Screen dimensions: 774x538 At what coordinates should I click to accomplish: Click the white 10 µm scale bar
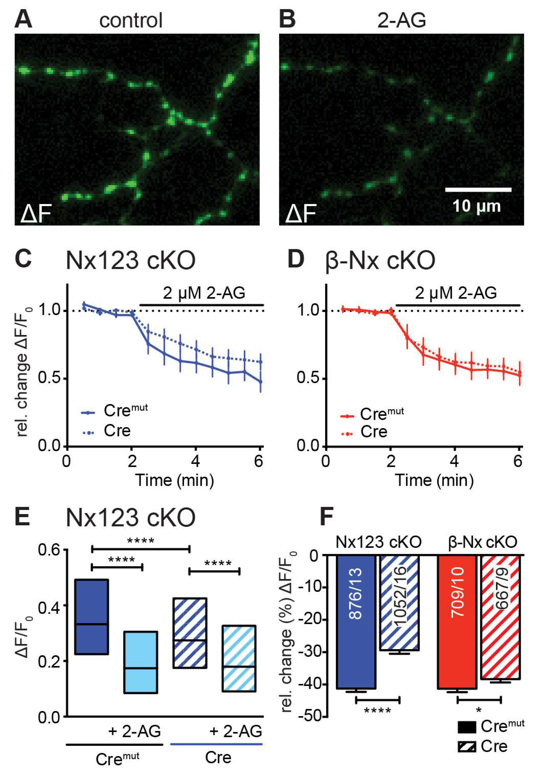pyautogui.click(x=478, y=190)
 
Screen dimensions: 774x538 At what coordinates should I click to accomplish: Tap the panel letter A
pyautogui.click(x=23, y=20)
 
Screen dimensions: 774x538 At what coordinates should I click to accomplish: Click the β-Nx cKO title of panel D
pyautogui.click(x=380, y=261)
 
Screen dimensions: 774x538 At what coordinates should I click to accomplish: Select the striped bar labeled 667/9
pyautogui.click(x=500, y=617)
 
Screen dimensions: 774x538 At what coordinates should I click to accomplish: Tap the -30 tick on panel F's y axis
pyautogui.click(x=309, y=652)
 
